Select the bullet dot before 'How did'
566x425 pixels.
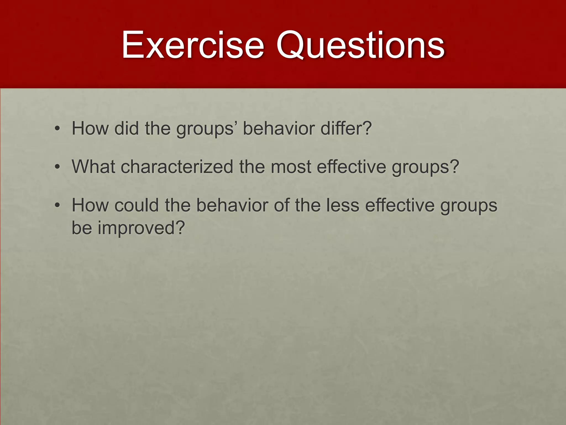coord(57,129)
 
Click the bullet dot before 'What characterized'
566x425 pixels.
coord(57,167)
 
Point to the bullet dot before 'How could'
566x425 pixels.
coord(57,206)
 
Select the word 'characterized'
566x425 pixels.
coord(177,167)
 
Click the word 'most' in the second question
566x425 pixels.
coord(291,167)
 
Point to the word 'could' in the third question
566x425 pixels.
coord(137,205)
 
